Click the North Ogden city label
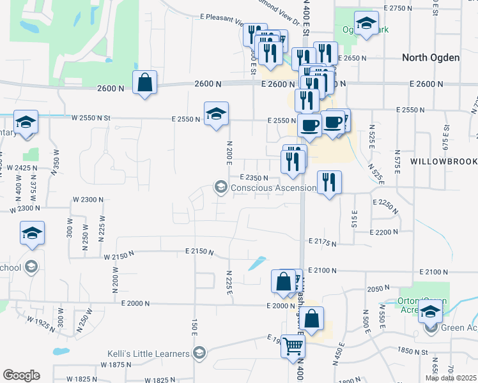pos(430,58)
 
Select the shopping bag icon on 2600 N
pos(145,82)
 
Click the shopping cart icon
pos(293,346)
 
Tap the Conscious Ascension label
pos(273,188)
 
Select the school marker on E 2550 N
pos(216,114)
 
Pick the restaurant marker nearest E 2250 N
pos(329,183)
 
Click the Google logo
pos(21,375)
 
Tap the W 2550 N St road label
pos(91,117)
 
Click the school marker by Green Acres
pos(430,313)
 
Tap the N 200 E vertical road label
pos(227,151)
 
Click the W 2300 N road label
pos(88,200)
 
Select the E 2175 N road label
pos(322,241)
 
